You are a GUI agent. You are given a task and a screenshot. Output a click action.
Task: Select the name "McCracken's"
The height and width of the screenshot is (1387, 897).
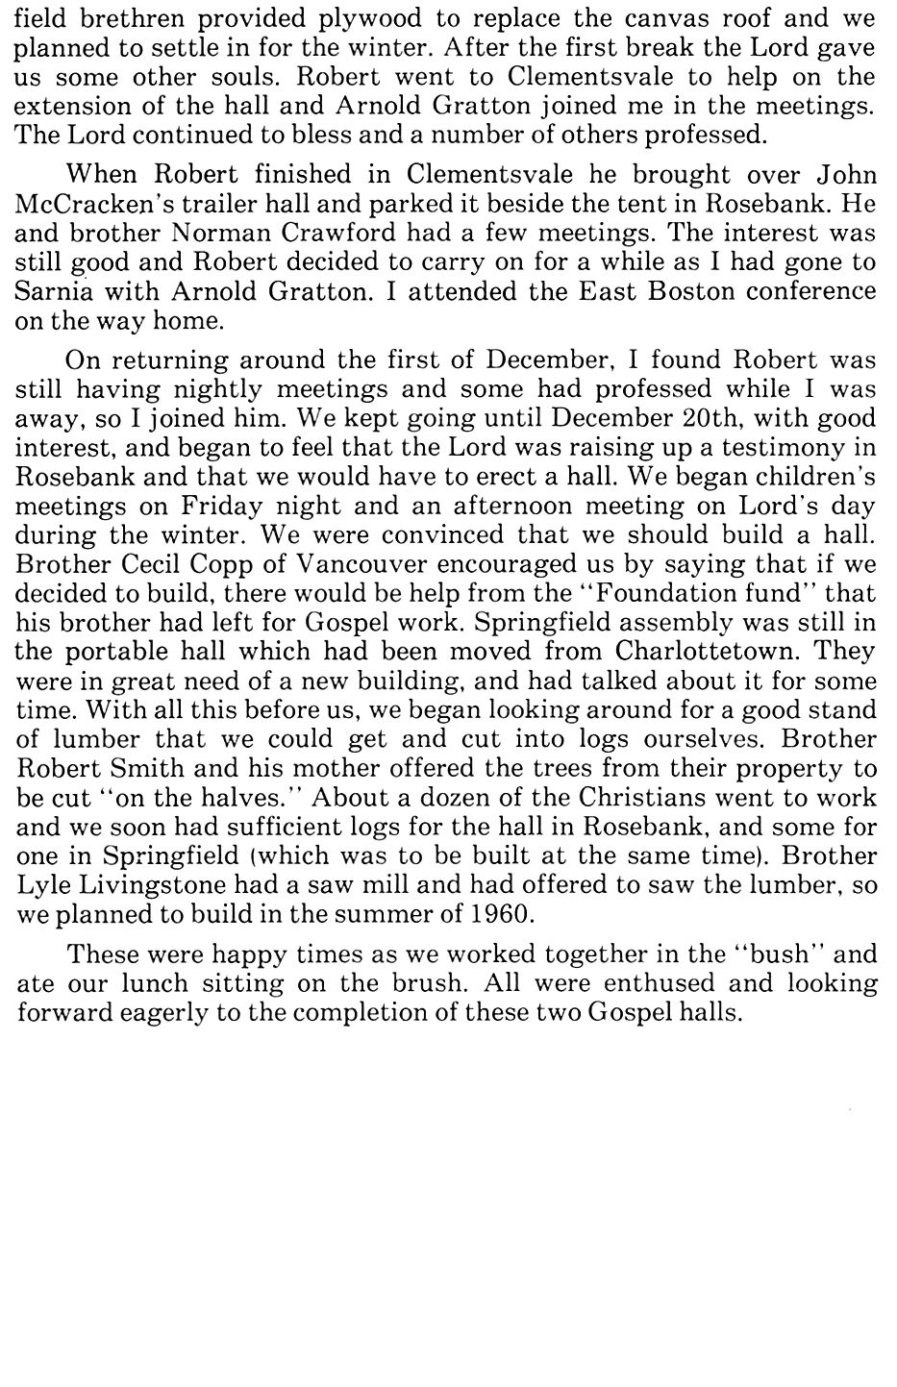(93, 204)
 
